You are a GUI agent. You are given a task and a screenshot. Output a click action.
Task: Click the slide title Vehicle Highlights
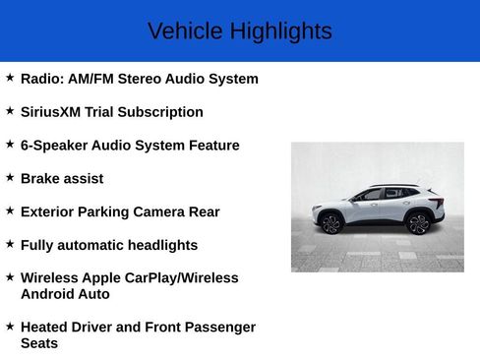click(x=239, y=31)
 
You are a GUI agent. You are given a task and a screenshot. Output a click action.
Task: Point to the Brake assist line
click(x=61, y=179)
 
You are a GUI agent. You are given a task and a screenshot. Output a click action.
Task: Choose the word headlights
click(x=161, y=245)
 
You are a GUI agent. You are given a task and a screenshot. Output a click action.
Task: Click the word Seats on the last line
click(x=39, y=343)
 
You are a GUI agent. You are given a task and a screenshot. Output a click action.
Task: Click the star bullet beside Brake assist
click(x=10, y=177)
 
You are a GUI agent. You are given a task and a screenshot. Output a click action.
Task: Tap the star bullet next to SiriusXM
click(x=10, y=111)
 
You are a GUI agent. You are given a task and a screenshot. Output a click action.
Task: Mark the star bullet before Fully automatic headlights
click(x=10, y=243)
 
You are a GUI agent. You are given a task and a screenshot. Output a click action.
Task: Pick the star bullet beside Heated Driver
click(x=10, y=326)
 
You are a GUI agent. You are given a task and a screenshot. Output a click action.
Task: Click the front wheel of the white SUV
click(x=331, y=224)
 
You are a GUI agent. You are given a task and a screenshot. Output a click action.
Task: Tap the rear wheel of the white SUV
click(x=419, y=223)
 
